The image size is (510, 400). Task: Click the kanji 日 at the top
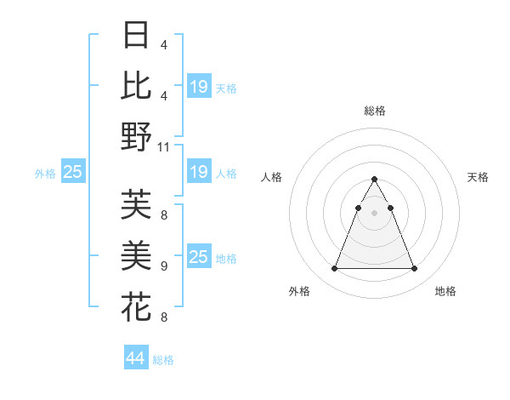(137, 37)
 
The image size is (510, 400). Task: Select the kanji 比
(137, 86)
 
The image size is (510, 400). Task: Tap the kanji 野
(137, 136)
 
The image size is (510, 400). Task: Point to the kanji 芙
(137, 204)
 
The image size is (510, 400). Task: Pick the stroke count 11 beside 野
(164, 147)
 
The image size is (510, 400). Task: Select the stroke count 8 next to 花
(163, 317)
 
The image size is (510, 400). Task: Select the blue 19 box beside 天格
(199, 87)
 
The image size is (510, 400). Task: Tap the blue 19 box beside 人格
(199, 173)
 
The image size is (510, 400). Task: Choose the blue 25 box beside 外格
(72, 173)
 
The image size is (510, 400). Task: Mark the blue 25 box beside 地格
(199, 258)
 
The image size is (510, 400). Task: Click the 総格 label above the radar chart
(374, 111)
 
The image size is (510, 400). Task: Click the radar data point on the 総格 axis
(374, 180)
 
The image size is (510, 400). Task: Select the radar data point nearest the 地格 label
(414, 269)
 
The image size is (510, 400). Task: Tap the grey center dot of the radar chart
(374, 213)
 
